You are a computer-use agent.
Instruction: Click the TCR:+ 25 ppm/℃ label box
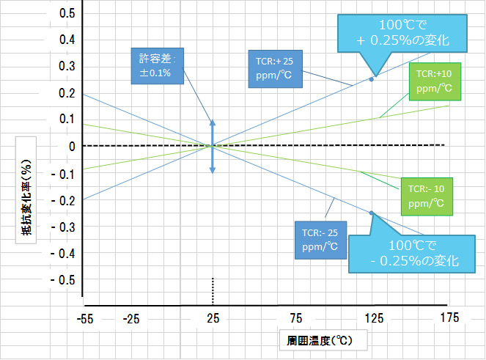click(275, 69)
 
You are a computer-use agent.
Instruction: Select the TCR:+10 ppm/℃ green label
click(435, 81)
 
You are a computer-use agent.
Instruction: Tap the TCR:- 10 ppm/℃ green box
click(427, 196)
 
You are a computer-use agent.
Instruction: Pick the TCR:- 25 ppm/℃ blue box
click(320, 240)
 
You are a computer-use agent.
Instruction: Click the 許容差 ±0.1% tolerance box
click(158, 66)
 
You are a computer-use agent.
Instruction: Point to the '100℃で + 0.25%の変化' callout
click(402, 33)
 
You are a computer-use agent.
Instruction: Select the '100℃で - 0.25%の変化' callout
click(412, 254)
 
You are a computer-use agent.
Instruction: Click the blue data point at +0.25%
click(372, 79)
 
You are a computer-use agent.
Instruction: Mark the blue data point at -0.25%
click(372, 213)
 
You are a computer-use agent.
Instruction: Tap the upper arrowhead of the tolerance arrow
click(213, 122)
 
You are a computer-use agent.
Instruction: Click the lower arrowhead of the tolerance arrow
click(213, 170)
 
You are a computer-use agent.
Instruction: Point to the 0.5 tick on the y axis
click(67, 13)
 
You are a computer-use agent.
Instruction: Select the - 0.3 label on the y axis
click(63, 227)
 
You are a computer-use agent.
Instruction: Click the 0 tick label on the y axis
click(72, 147)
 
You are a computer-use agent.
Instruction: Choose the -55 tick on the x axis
click(85, 319)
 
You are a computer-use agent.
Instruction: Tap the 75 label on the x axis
click(296, 318)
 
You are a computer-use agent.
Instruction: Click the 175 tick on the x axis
click(450, 317)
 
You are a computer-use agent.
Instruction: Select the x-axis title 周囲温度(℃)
click(320, 341)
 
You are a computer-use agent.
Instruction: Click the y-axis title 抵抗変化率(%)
click(26, 197)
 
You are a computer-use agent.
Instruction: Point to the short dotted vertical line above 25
click(213, 291)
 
